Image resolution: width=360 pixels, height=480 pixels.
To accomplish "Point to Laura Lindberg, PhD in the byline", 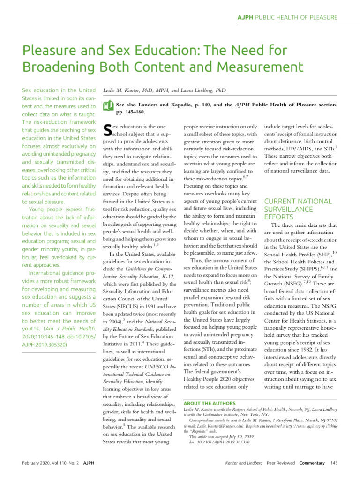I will tap(202, 90).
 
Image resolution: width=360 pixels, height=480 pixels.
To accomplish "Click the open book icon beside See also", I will tap(107, 105).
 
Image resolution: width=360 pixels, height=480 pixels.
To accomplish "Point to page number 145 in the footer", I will tap(334, 463).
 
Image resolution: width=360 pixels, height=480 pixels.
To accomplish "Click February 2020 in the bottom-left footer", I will tap(39, 463).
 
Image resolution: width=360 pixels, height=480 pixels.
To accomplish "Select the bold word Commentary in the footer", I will tap(312, 463).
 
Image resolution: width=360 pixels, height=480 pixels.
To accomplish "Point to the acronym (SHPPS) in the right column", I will tap(306, 268).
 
